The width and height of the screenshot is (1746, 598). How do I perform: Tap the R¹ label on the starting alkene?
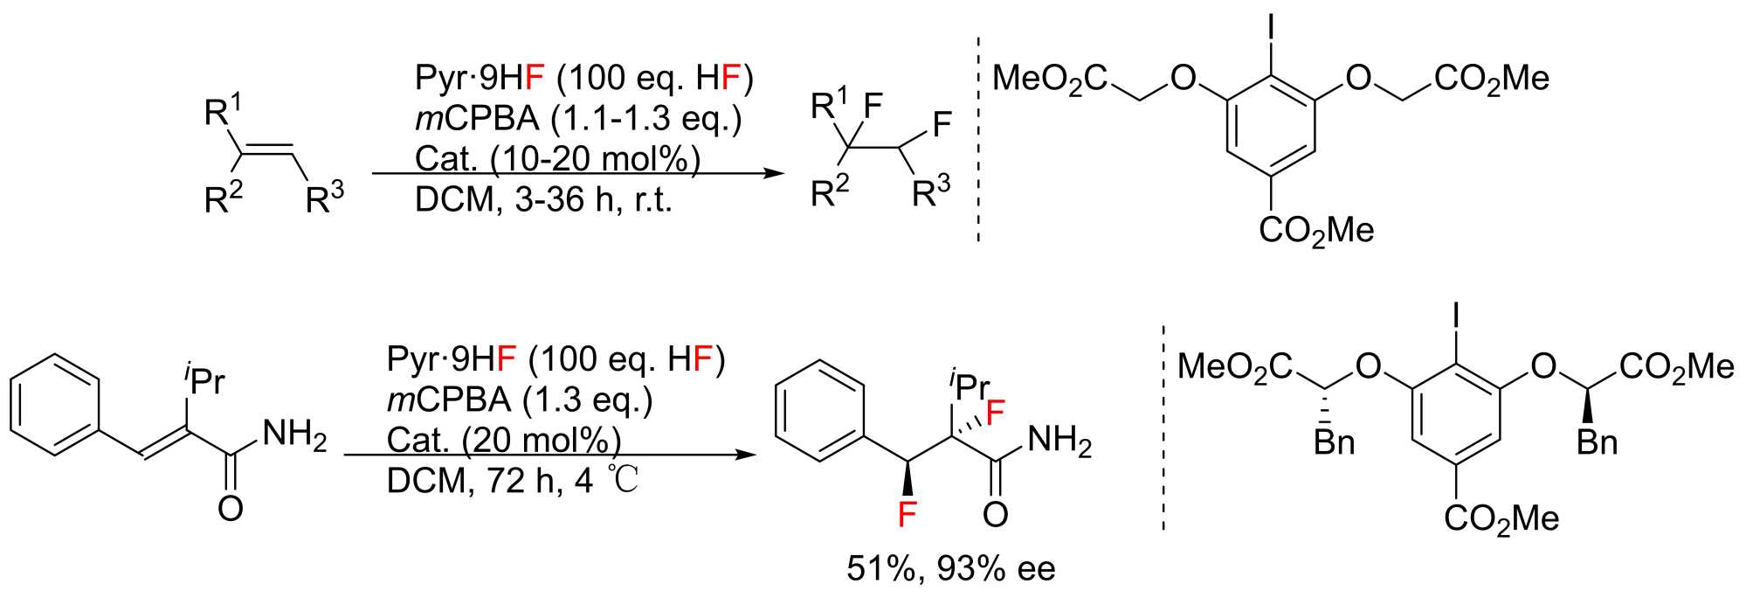pos(223,112)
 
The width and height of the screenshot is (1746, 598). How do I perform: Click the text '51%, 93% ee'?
pos(951,569)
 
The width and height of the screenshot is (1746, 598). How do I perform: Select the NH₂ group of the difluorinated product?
pos(1059,441)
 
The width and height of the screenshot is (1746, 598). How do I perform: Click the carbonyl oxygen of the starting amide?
pos(230,508)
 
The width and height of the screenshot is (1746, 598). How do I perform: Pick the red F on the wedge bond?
pos(908,513)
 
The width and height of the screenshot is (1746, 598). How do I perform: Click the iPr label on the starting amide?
pos(203,379)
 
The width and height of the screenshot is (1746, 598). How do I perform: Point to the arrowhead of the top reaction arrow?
pos(769,173)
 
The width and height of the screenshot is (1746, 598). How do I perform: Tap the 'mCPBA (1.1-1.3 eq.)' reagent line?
pos(578,119)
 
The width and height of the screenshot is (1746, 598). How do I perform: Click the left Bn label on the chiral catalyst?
pos(1335,442)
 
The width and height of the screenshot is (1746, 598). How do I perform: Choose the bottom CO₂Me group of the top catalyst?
pos(1316,230)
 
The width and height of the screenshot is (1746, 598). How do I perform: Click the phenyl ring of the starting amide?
pos(54,404)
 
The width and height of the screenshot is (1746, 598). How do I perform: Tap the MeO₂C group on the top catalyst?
pos(1051,79)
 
